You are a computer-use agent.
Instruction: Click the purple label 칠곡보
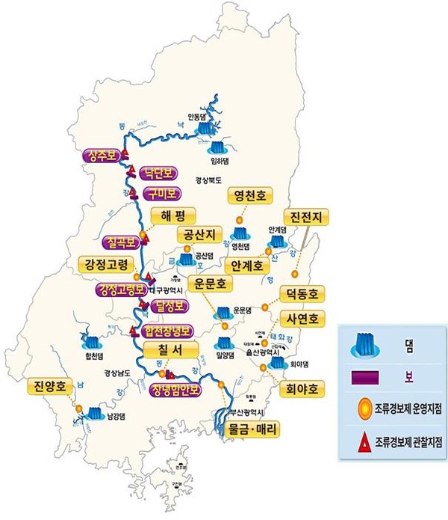click(119, 242)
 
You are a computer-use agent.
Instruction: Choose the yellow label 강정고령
click(106, 265)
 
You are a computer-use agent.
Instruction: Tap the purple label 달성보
click(168, 305)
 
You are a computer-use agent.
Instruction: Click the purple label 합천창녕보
click(167, 331)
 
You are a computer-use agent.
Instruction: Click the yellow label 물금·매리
click(251, 430)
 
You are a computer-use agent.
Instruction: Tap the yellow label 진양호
click(52, 386)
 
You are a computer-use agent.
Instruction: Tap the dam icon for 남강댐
click(95, 412)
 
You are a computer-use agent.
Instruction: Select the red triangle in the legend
click(364, 444)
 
